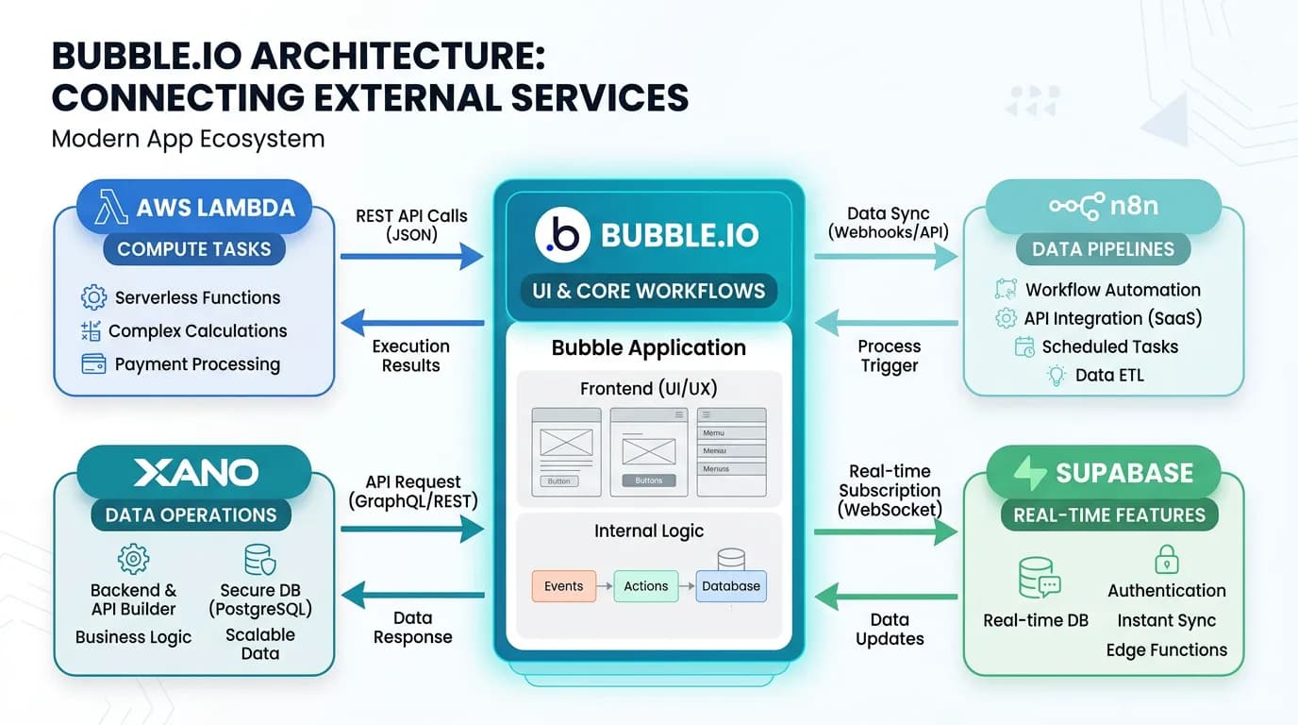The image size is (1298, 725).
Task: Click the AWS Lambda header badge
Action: click(x=193, y=208)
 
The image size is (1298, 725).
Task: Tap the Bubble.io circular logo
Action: click(x=562, y=235)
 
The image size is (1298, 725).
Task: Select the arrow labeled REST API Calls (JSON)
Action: click(x=411, y=256)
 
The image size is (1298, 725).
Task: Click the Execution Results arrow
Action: click(x=411, y=324)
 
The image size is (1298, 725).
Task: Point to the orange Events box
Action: click(x=563, y=586)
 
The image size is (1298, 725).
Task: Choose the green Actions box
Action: click(x=646, y=586)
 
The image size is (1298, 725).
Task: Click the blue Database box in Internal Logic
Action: click(x=731, y=586)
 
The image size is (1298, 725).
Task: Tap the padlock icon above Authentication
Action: click(x=1167, y=560)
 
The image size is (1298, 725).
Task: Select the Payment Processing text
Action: click(x=197, y=364)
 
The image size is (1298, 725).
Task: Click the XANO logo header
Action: click(x=194, y=472)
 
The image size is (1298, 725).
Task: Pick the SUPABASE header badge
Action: click(x=1104, y=472)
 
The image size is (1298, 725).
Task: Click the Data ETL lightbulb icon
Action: click(x=1057, y=375)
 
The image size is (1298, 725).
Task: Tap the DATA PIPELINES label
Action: click(x=1103, y=249)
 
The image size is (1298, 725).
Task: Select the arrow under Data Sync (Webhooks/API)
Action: click(x=886, y=256)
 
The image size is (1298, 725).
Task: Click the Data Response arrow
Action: click(x=411, y=595)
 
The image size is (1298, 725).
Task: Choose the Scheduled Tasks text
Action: click(x=1109, y=346)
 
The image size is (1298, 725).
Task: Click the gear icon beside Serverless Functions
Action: click(x=93, y=297)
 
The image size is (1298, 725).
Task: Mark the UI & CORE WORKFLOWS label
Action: click(x=648, y=291)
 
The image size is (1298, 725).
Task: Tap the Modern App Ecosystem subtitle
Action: click(x=188, y=139)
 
